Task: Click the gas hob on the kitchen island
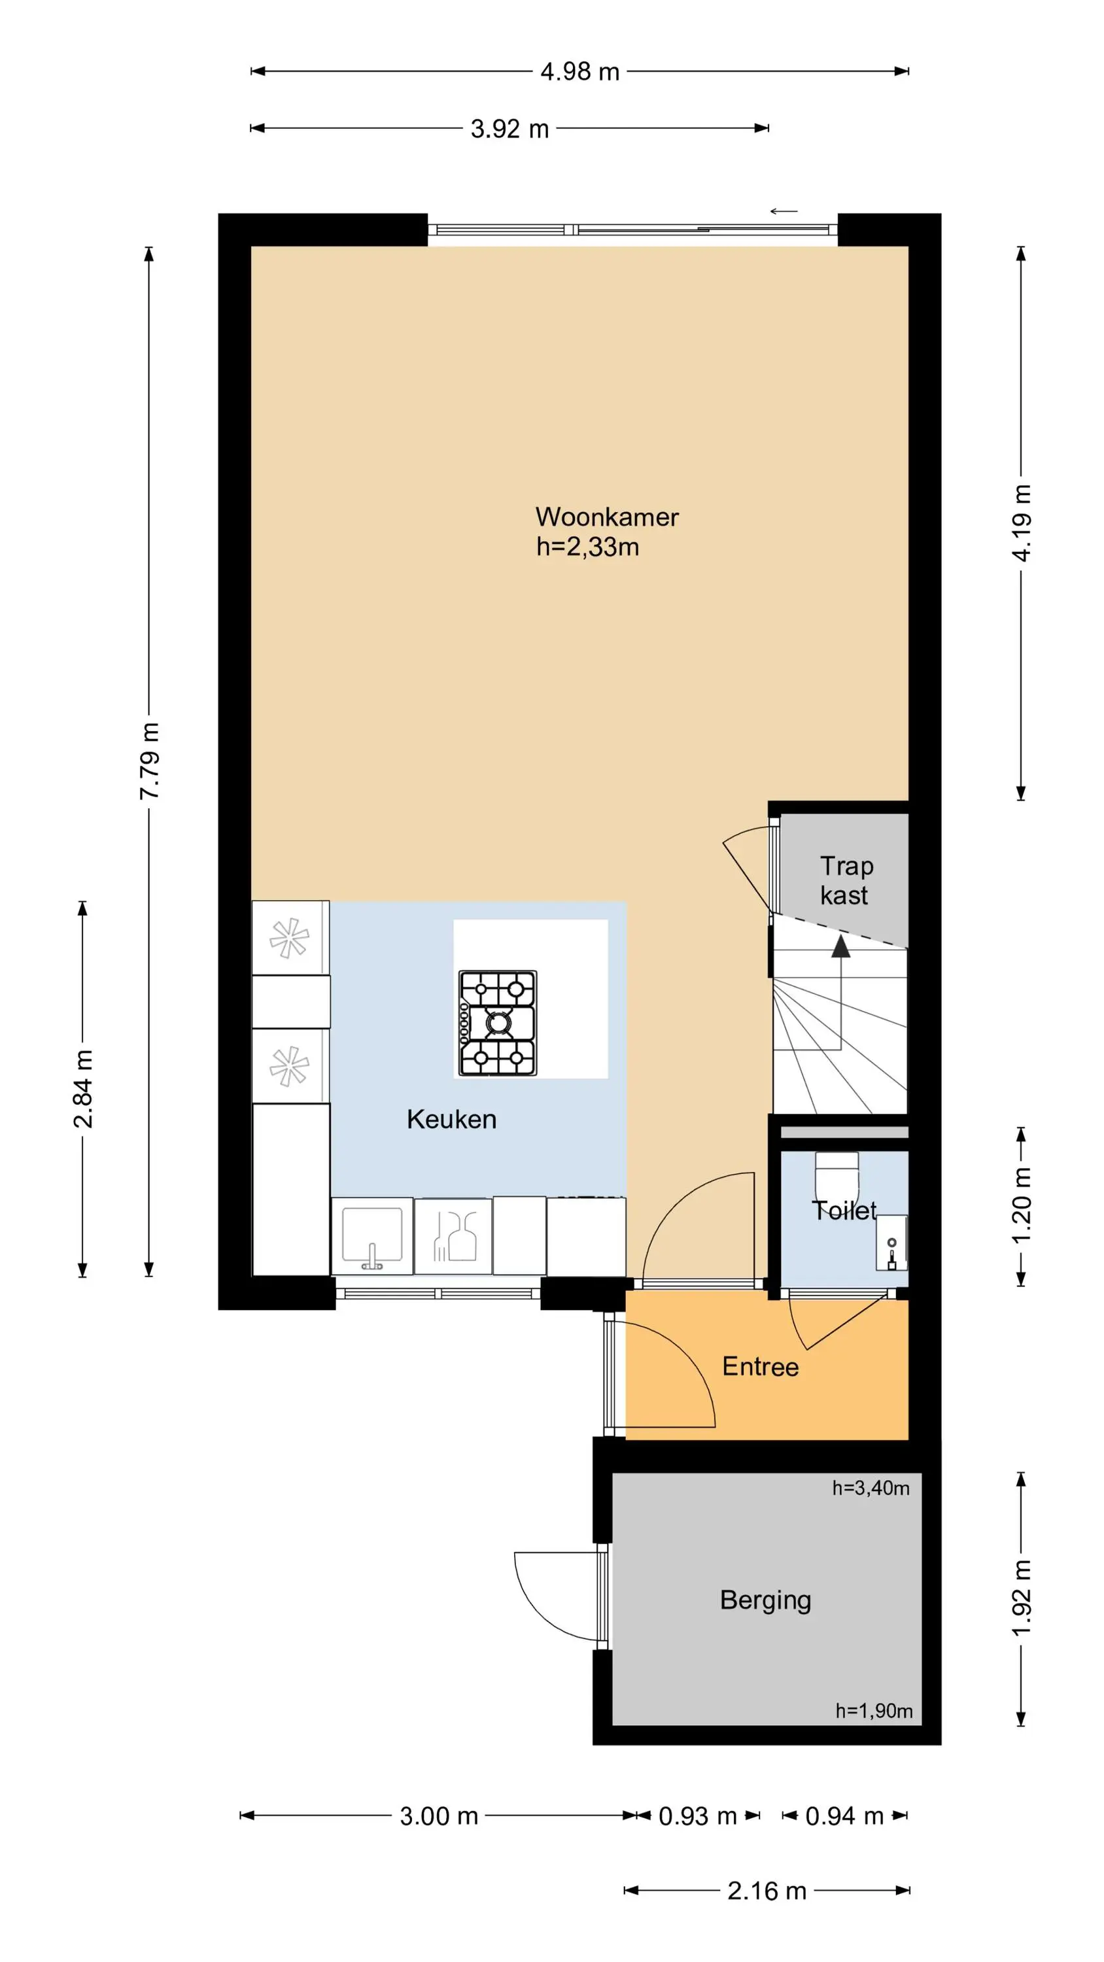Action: [x=498, y=1023]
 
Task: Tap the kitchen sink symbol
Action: [x=371, y=1235]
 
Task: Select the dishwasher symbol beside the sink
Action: [x=454, y=1236]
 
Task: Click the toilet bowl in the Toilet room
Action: [x=837, y=1177]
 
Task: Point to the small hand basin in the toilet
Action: [x=891, y=1242]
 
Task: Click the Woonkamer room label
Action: [x=606, y=517]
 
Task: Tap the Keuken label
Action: [x=451, y=1119]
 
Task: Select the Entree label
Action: [x=761, y=1366]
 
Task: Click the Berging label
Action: [x=765, y=1600]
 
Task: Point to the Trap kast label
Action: [x=846, y=880]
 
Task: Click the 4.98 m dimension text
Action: [x=580, y=71]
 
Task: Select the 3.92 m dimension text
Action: [x=509, y=129]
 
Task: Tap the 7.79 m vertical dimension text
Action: [x=149, y=761]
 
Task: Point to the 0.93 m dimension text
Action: [x=698, y=1816]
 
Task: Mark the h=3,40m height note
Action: [x=870, y=1487]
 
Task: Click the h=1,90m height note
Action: [x=874, y=1711]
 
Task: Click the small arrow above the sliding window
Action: [x=784, y=211]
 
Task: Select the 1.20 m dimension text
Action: [x=1021, y=1206]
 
